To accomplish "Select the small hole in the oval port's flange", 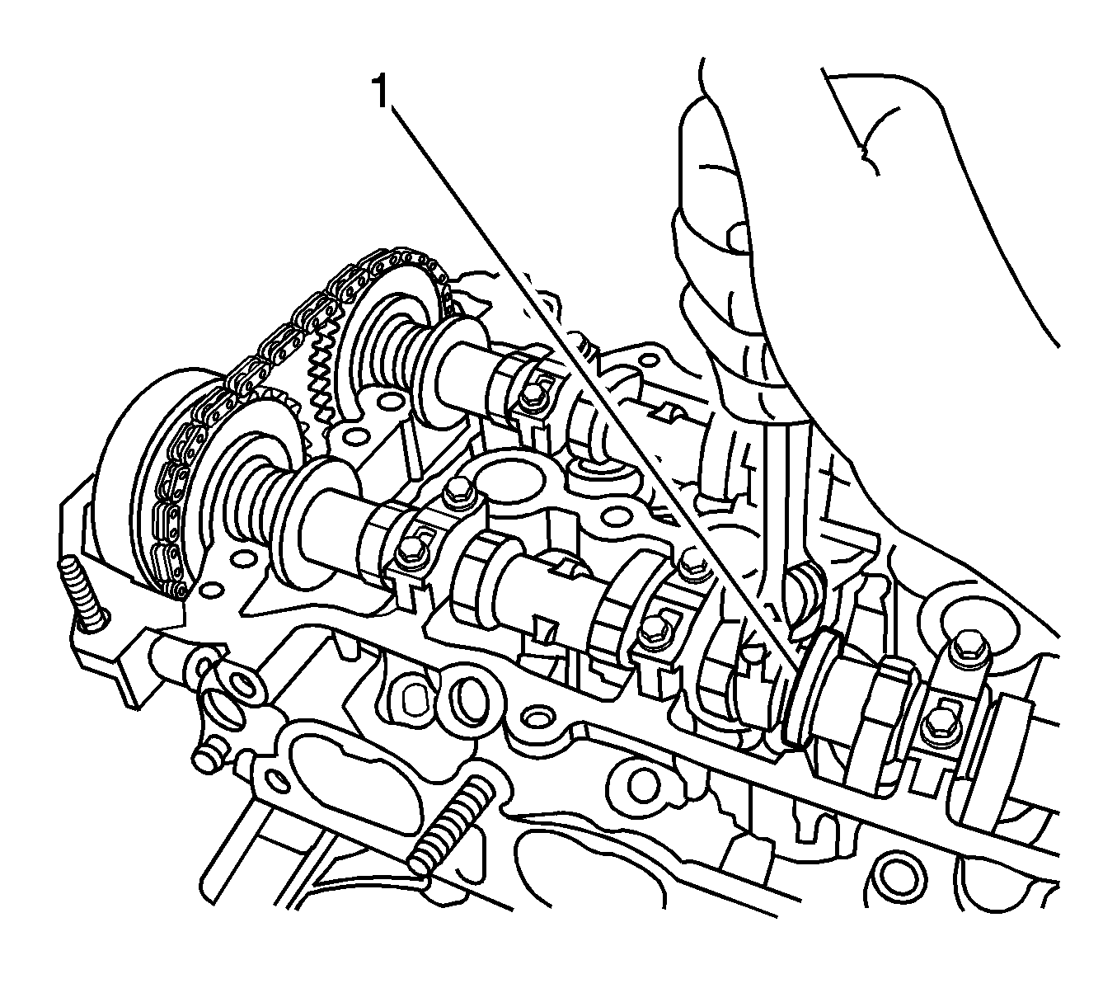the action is coord(274,778).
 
